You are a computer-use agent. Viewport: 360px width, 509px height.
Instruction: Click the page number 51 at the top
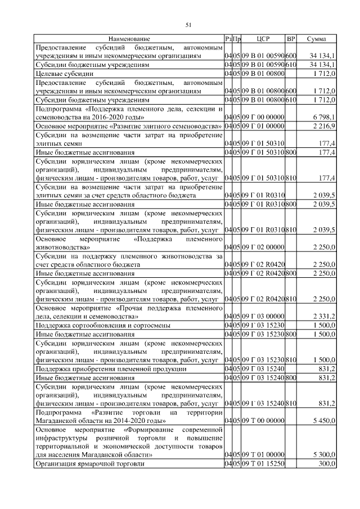(188, 24)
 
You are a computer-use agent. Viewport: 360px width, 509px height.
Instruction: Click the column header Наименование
(129, 39)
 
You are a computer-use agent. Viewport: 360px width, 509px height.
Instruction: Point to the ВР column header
(291, 39)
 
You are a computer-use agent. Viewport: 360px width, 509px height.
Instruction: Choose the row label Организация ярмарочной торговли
(89, 464)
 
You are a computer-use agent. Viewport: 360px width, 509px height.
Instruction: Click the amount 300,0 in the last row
(327, 464)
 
